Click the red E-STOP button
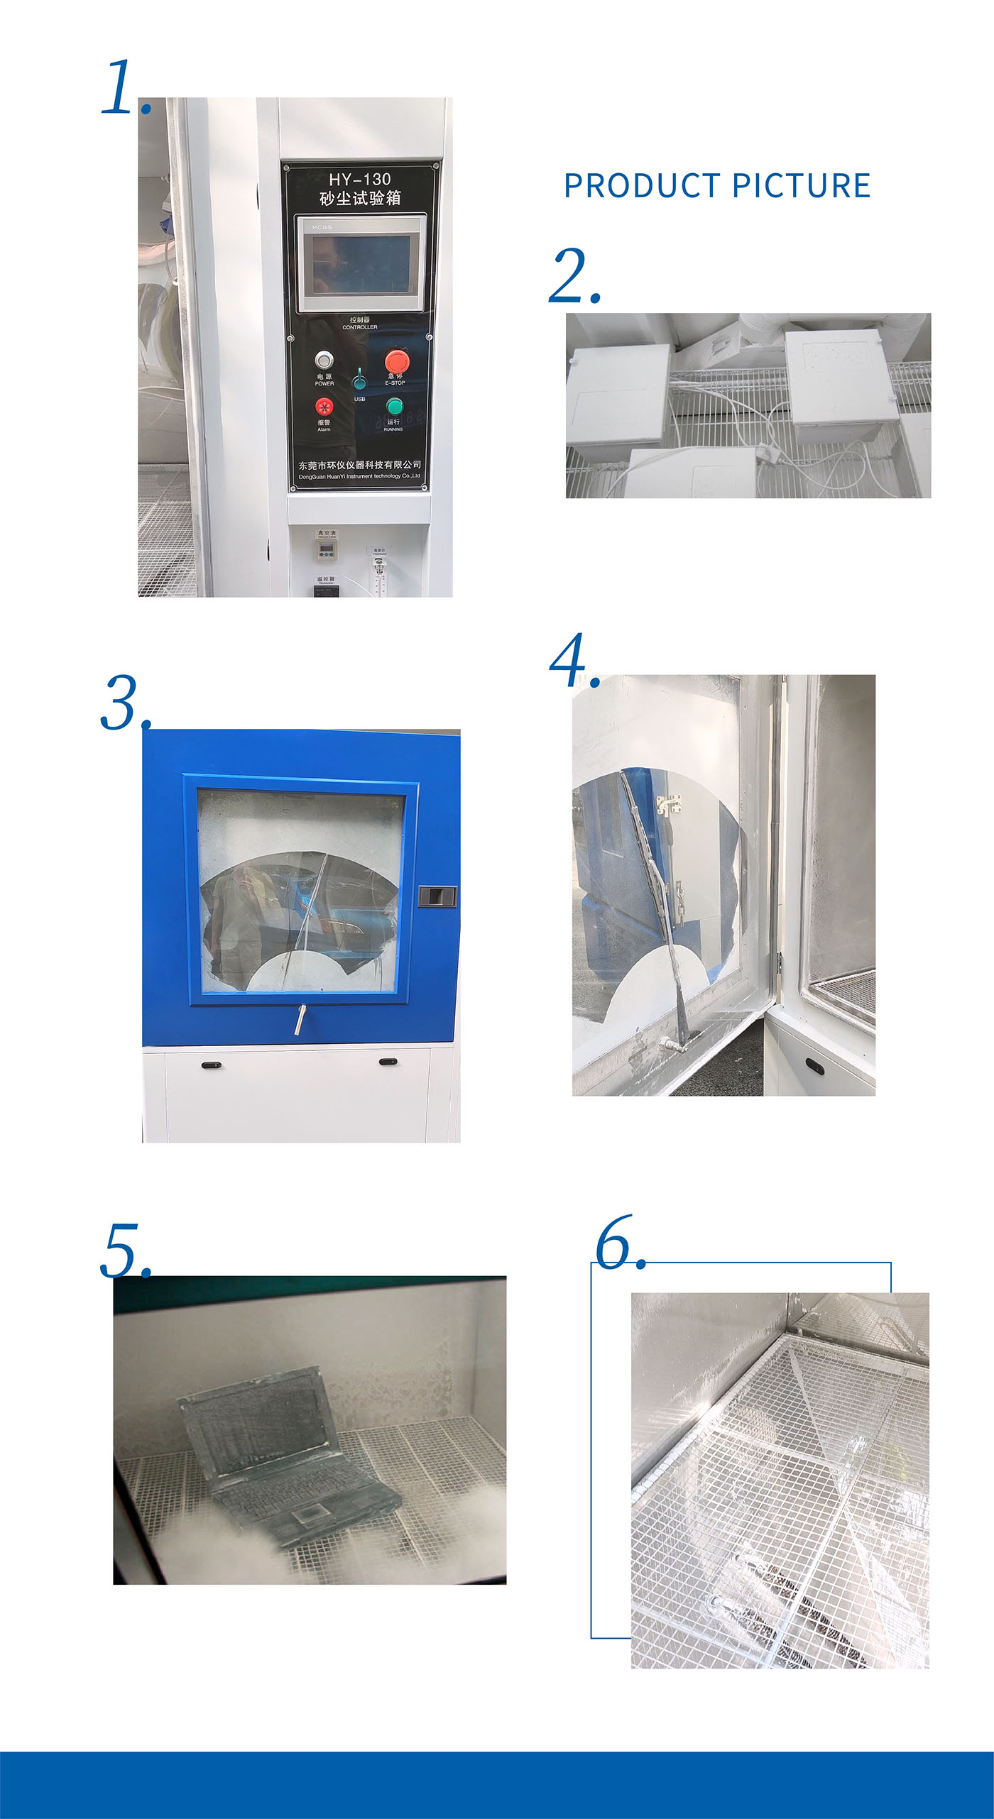coord(397,360)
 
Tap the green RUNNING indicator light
coord(394,407)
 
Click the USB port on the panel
coord(360,382)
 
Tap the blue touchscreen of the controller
coord(361,263)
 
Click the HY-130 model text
coord(360,180)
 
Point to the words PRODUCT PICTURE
coord(716,186)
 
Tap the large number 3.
coord(122,703)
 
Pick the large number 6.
coord(616,1243)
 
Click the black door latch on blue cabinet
coord(437,896)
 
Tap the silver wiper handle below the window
coord(301,1020)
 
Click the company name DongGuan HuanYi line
coord(359,476)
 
